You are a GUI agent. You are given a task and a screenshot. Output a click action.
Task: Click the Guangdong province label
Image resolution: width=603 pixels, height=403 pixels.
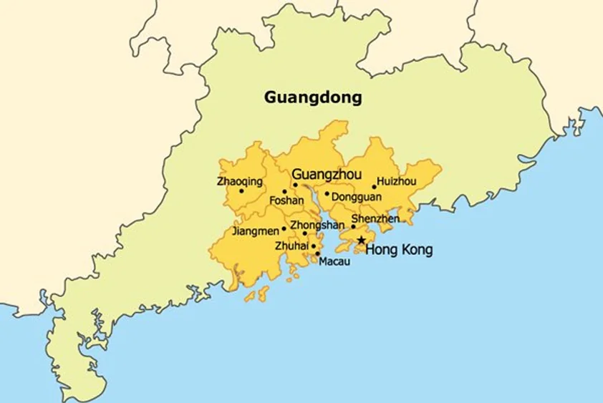(313, 97)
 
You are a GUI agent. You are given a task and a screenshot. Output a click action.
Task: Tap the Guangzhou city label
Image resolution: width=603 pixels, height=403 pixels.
(327, 174)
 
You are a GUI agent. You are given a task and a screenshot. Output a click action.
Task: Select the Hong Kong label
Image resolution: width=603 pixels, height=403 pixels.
(399, 250)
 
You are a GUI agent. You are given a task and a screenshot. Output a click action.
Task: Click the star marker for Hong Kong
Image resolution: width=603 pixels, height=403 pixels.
(361, 241)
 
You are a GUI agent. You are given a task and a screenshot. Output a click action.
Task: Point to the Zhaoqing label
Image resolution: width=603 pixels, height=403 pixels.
(239, 182)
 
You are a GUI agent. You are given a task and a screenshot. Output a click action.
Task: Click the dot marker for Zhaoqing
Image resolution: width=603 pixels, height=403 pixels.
(241, 191)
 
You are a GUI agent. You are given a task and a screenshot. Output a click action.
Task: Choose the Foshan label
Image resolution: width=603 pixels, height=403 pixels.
(286, 201)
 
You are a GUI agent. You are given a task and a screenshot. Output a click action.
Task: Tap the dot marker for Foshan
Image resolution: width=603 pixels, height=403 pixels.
(284, 191)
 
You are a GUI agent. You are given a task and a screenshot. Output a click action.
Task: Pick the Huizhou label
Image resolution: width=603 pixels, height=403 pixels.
(397, 181)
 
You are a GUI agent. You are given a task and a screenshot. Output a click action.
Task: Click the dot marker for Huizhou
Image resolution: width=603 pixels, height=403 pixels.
(374, 188)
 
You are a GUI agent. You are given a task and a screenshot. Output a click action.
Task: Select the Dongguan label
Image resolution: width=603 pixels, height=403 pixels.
(357, 196)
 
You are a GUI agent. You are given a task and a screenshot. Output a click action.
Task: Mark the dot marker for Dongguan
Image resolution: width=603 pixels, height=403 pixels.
(327, 193)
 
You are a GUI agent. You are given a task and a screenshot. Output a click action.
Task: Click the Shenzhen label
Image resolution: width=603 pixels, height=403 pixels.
(375, 218)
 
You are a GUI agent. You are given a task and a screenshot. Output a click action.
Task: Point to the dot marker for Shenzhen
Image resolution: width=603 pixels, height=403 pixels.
(353, 227)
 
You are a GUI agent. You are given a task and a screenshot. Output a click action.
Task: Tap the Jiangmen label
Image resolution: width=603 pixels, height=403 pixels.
(256, 231)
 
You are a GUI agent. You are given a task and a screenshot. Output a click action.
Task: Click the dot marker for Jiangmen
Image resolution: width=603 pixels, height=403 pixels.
(284, 229)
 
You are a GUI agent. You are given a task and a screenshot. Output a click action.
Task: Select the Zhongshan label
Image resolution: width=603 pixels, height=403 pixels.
(317, 225)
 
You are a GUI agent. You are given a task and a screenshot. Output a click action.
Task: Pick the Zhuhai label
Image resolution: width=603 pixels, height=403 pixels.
(291, 246)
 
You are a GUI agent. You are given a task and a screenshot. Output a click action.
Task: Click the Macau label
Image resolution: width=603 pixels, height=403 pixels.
(334, 261)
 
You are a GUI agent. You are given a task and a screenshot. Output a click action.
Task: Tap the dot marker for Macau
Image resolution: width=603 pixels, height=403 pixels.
(317, 253)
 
